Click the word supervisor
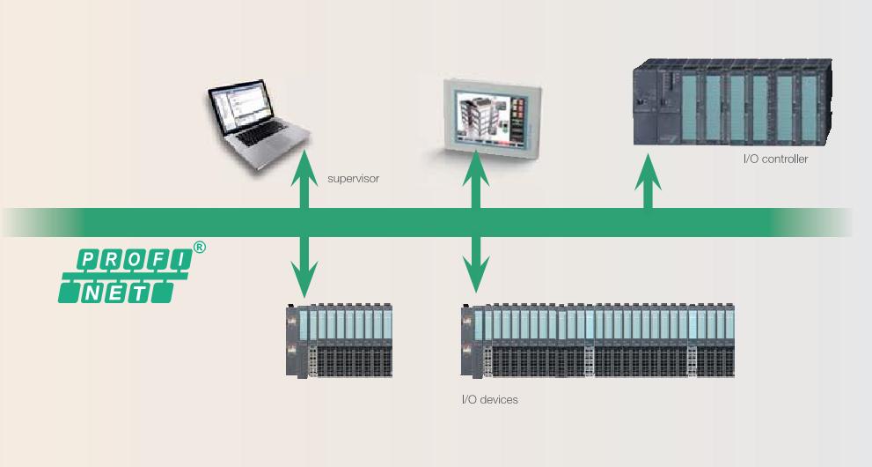[x=352, y=178]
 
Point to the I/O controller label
[x=775, y=159]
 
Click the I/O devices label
[x=490, y=400]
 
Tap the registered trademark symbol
[x=200, y=248]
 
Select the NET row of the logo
[x=115, y=291]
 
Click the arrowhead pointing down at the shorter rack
[x=304, y=284]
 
